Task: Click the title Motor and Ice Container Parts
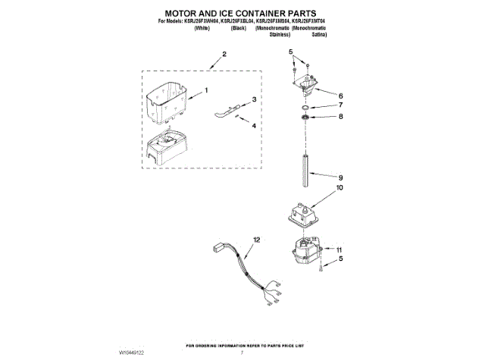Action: coord(242,13)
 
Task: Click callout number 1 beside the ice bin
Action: coord(205,91)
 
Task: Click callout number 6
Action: coord(340,96)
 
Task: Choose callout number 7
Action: coord(340,106)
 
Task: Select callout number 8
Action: coord(340,117)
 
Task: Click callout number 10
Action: coord(339,187)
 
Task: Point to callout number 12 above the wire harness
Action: coord(256,240)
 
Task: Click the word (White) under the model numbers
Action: coord(202,28)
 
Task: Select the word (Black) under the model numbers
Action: coord(239,28)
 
